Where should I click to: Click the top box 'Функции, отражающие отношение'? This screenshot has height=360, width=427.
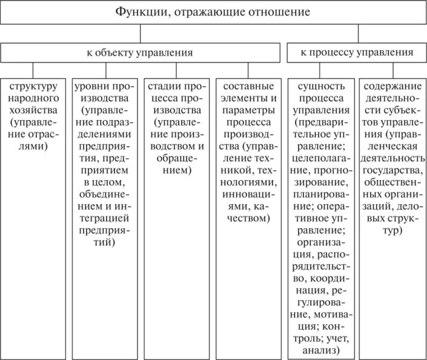pos(213,12)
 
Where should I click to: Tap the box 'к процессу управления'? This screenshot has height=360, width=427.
pos(357,53)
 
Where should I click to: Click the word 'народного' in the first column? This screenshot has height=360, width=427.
pos(33,98)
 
